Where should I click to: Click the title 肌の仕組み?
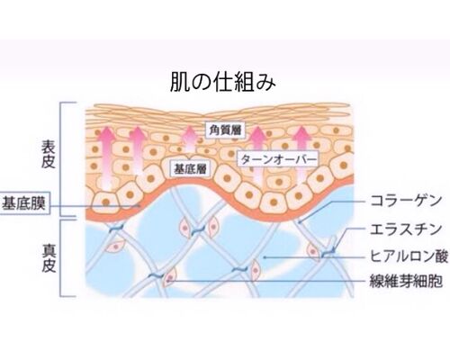tap(222, 81)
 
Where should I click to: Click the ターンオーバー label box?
tap(279, 159)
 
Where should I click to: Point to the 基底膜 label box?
tap(23, 203)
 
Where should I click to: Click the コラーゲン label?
tap(406, 201)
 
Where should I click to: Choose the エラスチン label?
tap(406, 229)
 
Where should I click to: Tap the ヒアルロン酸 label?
tap(409, 257)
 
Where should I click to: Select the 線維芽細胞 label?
tap(406, 282)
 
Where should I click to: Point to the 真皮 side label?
tap(49, 258)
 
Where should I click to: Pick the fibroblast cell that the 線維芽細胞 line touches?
tap(169, 277)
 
